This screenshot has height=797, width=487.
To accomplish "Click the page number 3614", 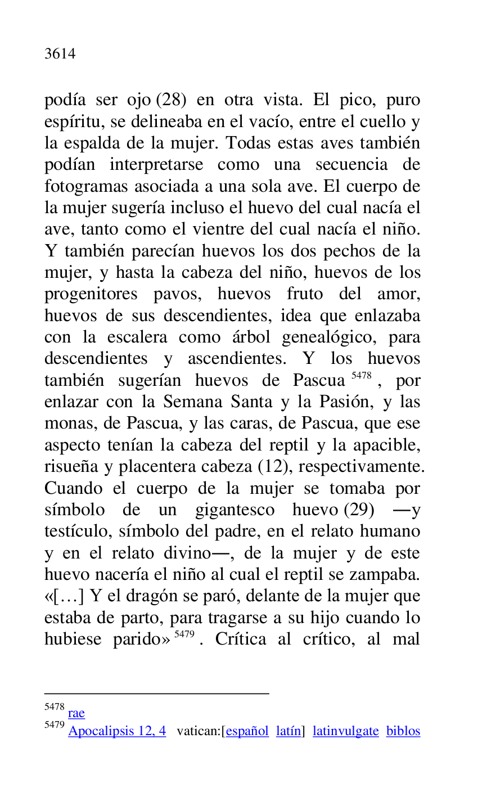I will (x=60, y=54).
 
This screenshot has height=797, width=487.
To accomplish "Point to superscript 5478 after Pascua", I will (x=361, y=375).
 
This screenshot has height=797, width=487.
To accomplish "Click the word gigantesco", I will (x=236, y=510).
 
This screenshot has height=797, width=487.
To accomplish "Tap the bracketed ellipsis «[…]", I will (x=64, y=596).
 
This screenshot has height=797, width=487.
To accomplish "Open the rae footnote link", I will (x=76, y=713).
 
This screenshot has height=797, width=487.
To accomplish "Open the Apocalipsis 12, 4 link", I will (x=117, y=731).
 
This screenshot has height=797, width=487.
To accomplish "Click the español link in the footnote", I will (x=247, y=731).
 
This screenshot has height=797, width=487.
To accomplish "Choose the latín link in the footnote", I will (x=288, y=731).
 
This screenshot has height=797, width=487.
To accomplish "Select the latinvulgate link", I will (x=345, y=731).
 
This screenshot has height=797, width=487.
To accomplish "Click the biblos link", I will (x=403, y=731).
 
